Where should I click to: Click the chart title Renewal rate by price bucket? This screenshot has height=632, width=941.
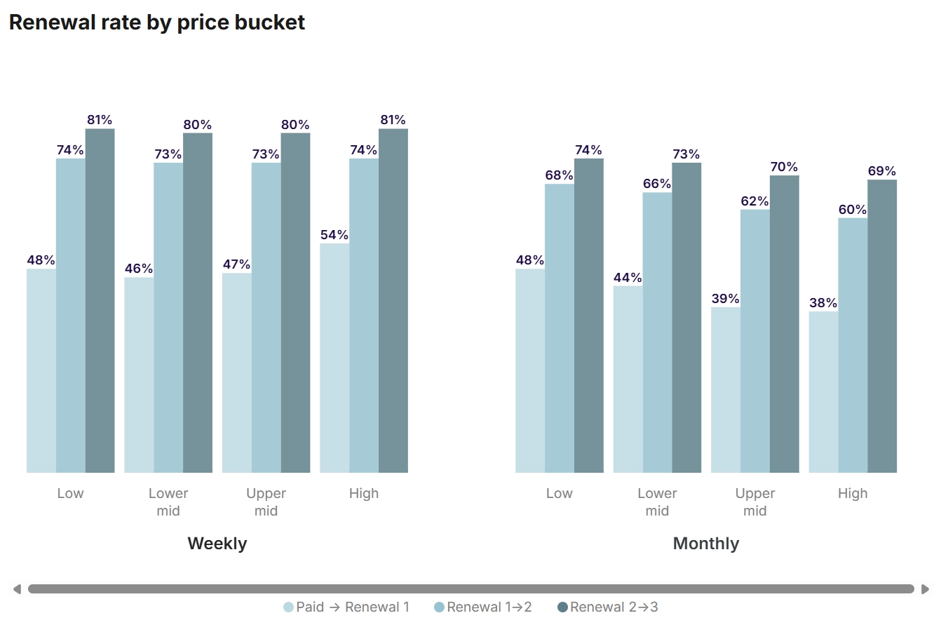[x=156, y=22]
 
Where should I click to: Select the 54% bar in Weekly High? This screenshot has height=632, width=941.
[x=334, y=358]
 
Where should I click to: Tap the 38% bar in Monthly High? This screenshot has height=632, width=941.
[x=823, y=392]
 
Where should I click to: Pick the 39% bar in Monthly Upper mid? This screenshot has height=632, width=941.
[x=726, y=390]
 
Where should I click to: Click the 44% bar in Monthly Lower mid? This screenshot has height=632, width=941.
[x=628, y=379]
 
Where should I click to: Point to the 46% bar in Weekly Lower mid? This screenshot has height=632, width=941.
[x=139, y=375]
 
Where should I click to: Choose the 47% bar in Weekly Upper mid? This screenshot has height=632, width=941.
[x=237, y=373]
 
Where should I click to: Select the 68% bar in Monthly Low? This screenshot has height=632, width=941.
[x=560, y=328]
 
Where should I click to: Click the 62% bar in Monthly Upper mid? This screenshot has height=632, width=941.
[x=755, y=341]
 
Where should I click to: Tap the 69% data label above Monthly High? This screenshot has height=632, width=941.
[x=882, y=171]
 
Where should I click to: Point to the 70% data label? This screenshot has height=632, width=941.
[x=784, y=167]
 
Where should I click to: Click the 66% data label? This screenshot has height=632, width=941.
[x=657, y=184]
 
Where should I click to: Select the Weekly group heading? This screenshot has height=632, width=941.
[x=217, y=544]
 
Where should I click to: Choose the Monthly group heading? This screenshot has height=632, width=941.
[x=705, y=544]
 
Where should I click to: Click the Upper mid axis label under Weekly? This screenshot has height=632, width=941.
[x=266, y=502]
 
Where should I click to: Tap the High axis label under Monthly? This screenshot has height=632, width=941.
[x=853, y=493]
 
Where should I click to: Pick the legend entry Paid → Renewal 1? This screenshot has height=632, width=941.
[x=346, y=607]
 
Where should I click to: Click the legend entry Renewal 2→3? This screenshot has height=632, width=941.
[x=607, y=607]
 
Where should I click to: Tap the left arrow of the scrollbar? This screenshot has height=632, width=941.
[x=18, y=589]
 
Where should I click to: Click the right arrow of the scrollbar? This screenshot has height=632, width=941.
[x=925, y=589]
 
